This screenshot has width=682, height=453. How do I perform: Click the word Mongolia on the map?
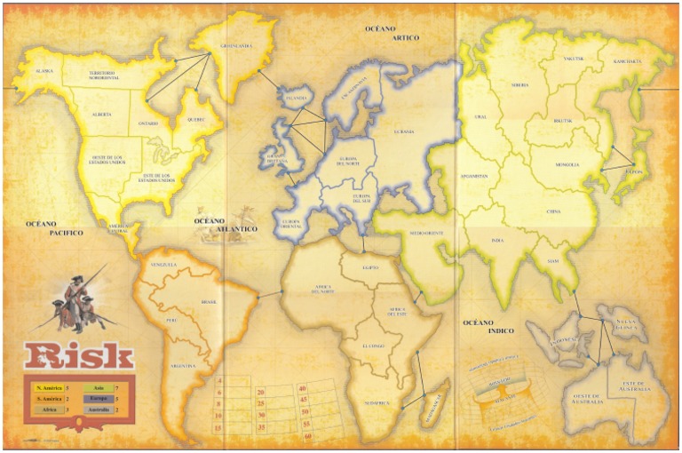tap(567, 164)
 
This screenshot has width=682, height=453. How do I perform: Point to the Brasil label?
tap(210, 302)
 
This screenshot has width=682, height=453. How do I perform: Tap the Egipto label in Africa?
tap(370, 267)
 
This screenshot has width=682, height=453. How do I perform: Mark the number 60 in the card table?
tap(307, 437)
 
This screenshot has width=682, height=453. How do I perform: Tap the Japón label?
tap(634, 172)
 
